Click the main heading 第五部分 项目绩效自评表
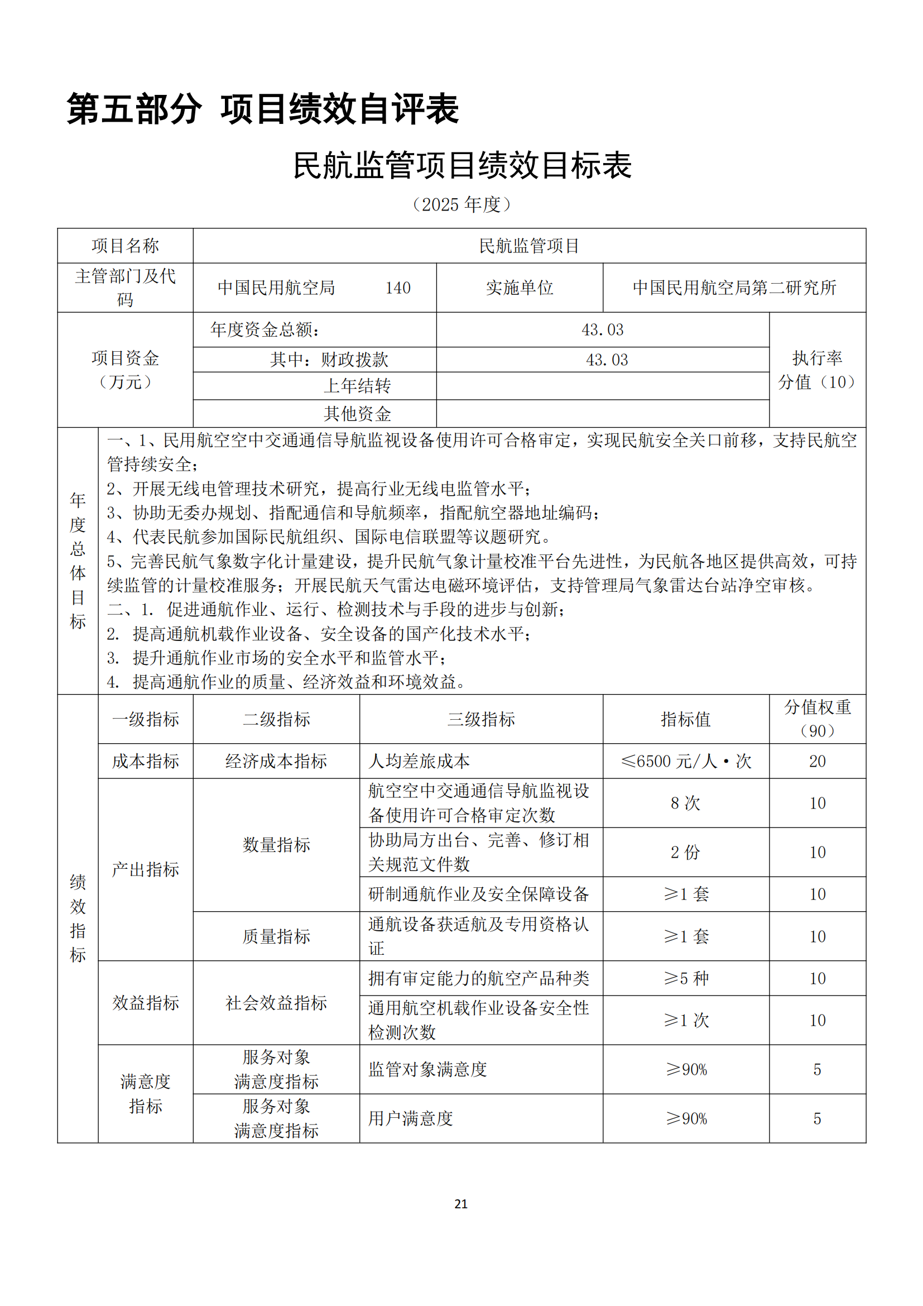click(x=263, y=109)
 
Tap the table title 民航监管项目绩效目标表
click(x=461, y=165)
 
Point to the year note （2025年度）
click(x=461, y=204)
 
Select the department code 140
click(x=398, y=288)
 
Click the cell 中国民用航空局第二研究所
click(x=734, y=288)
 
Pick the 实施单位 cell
click(x=520, y=288)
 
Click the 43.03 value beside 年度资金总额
click(x=603, y=330)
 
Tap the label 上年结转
click(x=357, y=386)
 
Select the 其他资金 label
click(x=357, y=414)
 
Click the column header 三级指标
click(x=481, y=719)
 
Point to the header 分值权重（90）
click(x=818, y=719)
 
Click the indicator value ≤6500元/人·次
click(x=686, y=761)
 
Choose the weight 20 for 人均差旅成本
click(x=818, y=761)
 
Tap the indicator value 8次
click(x=685, y=803)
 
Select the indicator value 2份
click(x=685, y=852)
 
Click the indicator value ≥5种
click(x=686, y=978)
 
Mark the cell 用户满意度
click(x=410, y=1118)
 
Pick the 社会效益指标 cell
click(x=276, y=1003)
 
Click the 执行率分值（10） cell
click(x=818, y=370)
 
